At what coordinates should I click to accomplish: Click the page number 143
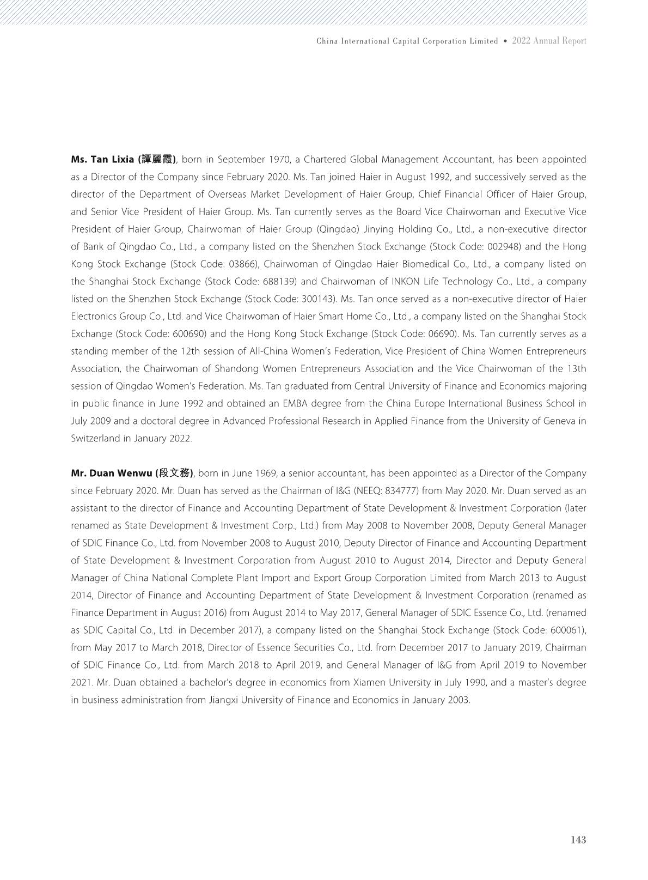pyautogui.click(x=578, y=840)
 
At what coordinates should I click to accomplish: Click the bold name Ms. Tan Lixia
pyautogui.click(x=102, y=160)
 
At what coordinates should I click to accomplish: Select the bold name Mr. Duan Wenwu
pyautogui.click(x=112, y=474)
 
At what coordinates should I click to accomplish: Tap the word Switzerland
pyautogui.click(x=95, y=439)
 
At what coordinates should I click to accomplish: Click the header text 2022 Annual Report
pyautogui.click(x=549, y=41)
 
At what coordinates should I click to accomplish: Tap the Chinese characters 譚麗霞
pyautogui.click(x=157, y=160)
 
